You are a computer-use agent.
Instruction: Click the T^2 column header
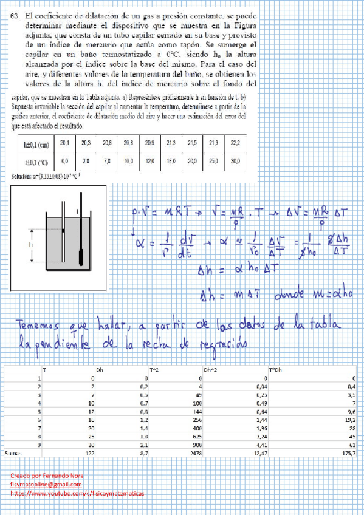[x=154, y=369]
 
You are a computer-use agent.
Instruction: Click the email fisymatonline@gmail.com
[x=41, y=485]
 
